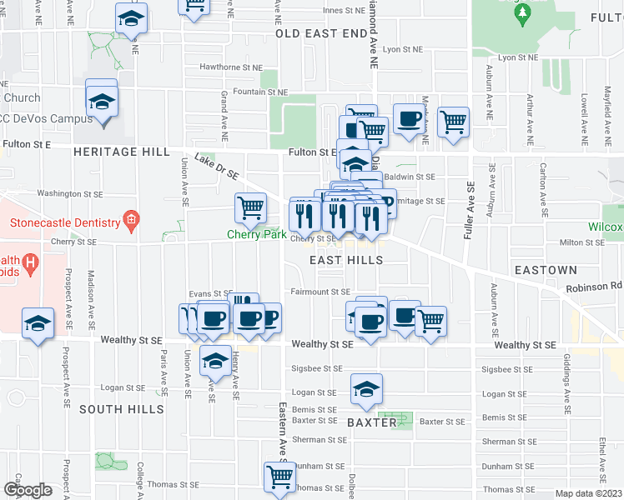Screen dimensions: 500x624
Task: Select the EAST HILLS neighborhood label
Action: (x=346, y=260)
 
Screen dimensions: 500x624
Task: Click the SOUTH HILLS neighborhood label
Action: (x=122, y=409)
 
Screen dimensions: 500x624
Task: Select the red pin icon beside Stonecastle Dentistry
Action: (x=130, y=222)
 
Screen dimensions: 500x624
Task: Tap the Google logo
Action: (x=28, y=489)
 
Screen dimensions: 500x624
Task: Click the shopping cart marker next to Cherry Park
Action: (x=251, y=207)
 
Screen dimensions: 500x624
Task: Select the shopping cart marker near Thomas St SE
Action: (x=279, y=477)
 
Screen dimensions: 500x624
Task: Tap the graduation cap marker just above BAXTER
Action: (x=366, y=389)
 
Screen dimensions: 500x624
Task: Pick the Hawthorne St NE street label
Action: (x=231, y=67)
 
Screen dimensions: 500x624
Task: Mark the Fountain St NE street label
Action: (x=260, y=92)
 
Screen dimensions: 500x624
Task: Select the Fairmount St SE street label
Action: (x=320, y=292)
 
